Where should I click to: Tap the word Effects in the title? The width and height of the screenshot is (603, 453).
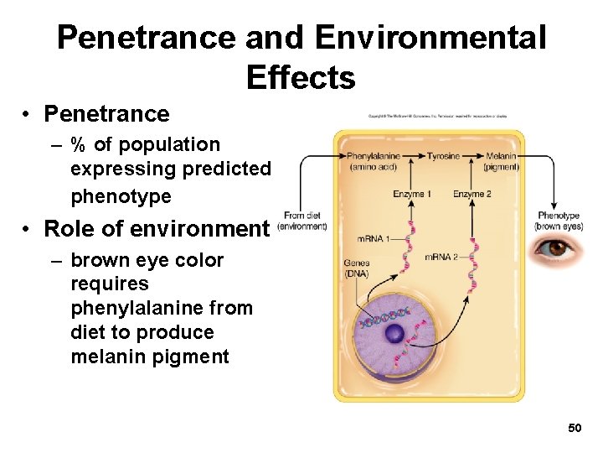pos(301,78)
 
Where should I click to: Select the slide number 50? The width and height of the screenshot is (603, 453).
pos(575,429)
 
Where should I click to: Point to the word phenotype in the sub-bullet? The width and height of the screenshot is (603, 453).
pos(121,197)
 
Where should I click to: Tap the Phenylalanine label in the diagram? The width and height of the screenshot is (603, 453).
pos(373,157)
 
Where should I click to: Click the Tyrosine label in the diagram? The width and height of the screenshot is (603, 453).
pos(443,157)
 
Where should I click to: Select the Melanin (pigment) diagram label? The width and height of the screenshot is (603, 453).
pos(501,161)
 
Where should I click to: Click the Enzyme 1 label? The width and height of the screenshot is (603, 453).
pos(412,195)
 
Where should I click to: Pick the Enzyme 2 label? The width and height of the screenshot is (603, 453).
pos(472,195)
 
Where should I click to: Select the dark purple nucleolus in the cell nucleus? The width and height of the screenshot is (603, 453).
pos(394,333)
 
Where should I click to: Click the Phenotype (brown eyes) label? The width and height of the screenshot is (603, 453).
pos(559,221)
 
